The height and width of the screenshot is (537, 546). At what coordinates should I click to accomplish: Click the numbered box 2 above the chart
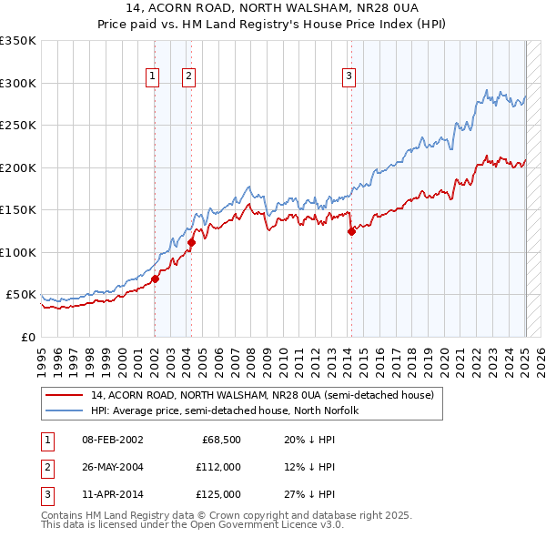(x=188, y=76)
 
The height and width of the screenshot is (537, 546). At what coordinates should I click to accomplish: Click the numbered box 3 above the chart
(x=349, y=76)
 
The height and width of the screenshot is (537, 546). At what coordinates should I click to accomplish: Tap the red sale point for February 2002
(x=156, y=279)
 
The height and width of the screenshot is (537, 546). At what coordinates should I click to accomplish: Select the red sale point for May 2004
(x=192, y=242)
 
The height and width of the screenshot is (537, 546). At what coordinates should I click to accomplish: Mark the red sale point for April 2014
(x=351, y=231)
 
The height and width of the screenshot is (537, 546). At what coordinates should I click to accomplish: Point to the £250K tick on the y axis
(x=18, y=126)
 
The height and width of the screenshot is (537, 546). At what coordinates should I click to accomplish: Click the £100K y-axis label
(x=18, y=252)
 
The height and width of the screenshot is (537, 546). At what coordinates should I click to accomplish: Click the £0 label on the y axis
(x=28, y=337)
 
